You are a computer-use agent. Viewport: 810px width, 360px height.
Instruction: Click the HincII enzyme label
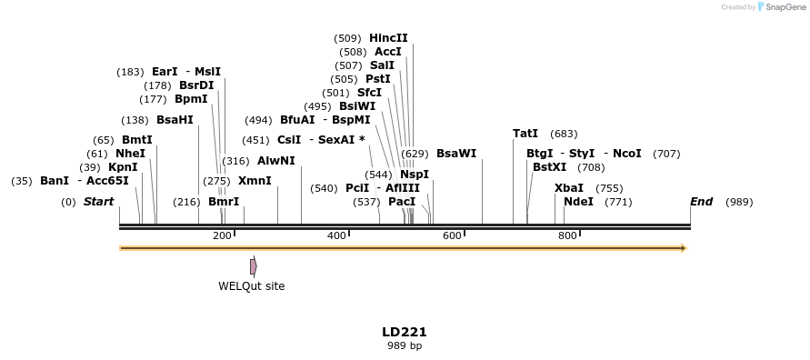[388, 38]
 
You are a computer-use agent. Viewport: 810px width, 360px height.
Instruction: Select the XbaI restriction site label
[569, 188]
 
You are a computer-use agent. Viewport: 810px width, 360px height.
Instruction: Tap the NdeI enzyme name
[578, 202]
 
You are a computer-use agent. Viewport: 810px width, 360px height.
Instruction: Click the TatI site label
[525, 134]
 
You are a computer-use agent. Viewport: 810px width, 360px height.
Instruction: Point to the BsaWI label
[456, 154]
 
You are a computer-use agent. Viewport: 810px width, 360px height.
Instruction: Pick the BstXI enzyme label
[549, 167]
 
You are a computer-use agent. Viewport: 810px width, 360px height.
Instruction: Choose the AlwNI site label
[276, 161]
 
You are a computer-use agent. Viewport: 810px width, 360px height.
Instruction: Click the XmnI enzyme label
[255, 181]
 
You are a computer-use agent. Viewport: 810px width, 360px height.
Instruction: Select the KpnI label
[123, 167]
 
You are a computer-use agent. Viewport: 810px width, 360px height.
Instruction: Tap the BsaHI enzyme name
[175, 120]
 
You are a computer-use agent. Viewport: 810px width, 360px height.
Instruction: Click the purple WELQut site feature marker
[254, 266]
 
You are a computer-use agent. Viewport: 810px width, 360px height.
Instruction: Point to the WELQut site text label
[251, 286]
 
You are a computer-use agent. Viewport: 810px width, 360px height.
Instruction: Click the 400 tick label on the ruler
[336, 235]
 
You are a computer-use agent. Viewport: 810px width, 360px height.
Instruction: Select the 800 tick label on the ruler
[567, 235]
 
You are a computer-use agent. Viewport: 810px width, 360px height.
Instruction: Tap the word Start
[98, 202]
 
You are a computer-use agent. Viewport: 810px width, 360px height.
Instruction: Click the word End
[701, 202]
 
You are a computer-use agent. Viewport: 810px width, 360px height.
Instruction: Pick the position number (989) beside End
[739, 202]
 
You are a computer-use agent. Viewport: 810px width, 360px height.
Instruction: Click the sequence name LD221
[405, 332]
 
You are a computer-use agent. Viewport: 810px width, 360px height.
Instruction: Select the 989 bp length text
[405, 345]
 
